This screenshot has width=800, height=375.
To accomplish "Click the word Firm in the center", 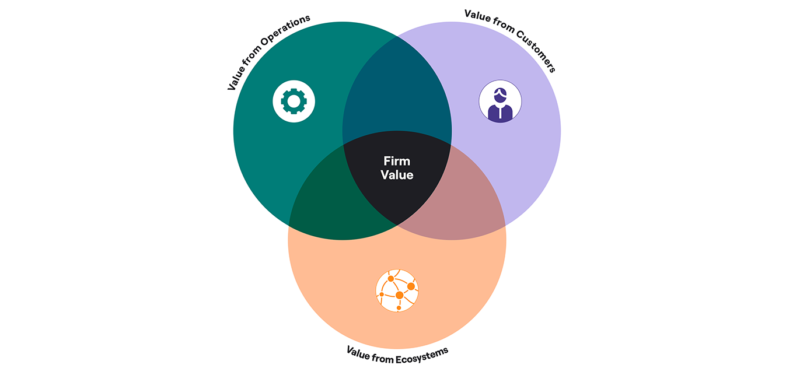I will point(397,161).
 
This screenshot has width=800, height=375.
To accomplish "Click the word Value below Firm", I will point(397,174).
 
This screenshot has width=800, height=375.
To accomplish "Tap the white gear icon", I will point(294,101).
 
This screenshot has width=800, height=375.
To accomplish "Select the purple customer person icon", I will point(500,101).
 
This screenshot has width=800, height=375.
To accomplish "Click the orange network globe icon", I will point(397,290).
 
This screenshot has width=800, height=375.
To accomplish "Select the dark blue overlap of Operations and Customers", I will point(397,93).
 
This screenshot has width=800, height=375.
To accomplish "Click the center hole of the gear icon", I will point(294,101).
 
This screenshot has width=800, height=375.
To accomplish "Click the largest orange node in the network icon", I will point(400,295).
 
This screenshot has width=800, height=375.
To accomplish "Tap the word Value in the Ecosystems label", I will point(358,350).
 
